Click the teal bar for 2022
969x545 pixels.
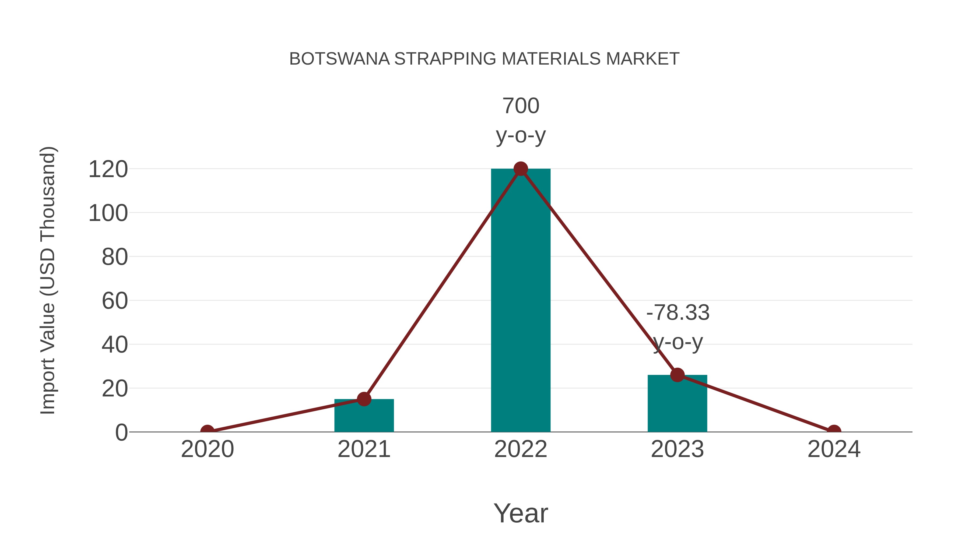521,301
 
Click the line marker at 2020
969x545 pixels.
207,431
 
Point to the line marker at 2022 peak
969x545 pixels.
521,169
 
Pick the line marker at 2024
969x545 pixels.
834,431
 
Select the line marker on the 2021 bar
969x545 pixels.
364,399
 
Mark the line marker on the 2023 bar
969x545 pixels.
677,375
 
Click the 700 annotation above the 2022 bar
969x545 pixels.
521,106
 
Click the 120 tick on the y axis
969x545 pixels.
108,169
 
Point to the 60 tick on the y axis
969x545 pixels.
115,301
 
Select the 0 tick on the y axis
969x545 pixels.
121,433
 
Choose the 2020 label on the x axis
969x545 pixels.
207,449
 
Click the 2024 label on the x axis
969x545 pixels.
834,449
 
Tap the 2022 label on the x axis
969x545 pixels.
521,449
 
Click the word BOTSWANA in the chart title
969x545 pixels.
339,59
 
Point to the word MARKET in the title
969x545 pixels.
643,59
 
